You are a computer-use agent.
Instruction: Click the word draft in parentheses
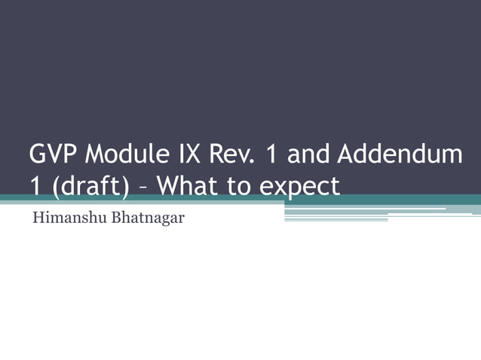(88, 185)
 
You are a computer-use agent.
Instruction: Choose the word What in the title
(185, 185)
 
